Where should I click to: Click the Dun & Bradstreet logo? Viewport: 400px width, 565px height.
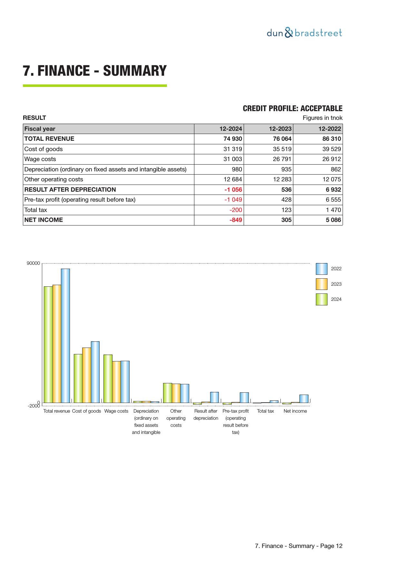click(304, 33)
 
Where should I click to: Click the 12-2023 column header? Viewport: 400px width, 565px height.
click(280, 129)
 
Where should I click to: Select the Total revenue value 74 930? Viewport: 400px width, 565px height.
click(233, 139)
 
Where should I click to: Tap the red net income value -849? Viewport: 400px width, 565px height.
click(236, 220)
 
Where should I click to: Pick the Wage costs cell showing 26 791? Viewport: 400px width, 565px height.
click(282, 159)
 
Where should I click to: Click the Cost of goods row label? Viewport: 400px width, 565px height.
click(44, 149)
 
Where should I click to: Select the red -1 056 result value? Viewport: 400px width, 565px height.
click(233, 190)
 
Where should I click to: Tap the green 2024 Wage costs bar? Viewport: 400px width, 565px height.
click(108, 378)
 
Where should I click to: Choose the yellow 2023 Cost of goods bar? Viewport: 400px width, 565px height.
click(86, 375)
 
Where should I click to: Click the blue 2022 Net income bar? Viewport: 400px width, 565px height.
click(304, 398)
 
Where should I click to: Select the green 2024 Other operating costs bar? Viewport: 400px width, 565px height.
click(167, 393)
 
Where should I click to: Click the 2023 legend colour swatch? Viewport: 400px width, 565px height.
click(321, 284)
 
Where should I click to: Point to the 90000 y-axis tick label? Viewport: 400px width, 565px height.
click(34, 263)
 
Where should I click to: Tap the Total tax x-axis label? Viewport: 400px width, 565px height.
click(265, 411)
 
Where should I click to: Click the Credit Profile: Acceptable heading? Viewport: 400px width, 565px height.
click(292, 109)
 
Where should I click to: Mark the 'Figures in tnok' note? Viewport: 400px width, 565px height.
click(322, 118)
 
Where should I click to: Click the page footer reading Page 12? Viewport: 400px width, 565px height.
click(298, 546)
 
